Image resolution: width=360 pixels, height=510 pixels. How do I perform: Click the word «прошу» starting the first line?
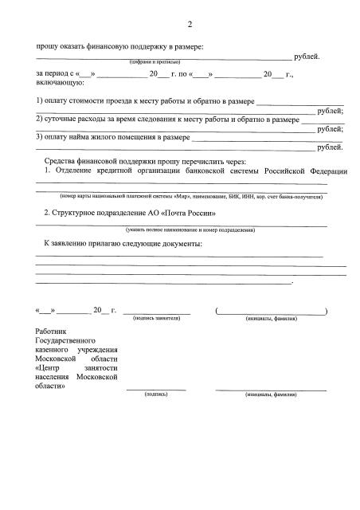(47, 46)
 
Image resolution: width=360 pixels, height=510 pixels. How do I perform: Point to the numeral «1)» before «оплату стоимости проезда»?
(39, 101)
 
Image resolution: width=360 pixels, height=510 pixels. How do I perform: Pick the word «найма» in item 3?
(83, 137)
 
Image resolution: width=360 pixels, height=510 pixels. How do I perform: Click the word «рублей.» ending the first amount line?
(307, 57)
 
